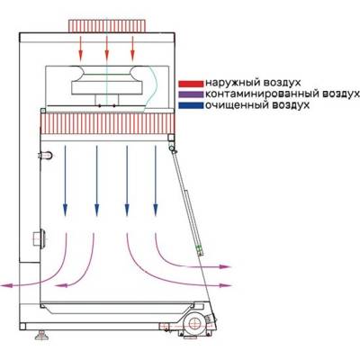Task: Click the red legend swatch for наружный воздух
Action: pyautogui.click(x=191, y=83)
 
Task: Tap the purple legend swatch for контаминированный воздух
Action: pyautogui.click(x=191, y=94)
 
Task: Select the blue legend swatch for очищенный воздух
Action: pyautogui.click(x=191, y=105)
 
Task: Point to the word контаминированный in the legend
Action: pyautogui.click(x=262, y=94)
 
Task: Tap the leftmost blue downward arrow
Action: pyautogui.click(x=65, y=181)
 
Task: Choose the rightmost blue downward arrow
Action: pyautogui.click(x=156, y=181)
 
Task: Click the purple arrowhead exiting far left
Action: pyautogui.click(x=6, y=285)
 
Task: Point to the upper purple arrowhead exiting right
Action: pyautogui.click(x=225, y=266)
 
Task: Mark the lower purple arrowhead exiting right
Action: pyautogui.click(x=225, y=285)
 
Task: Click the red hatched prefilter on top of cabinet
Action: pyautogui.click(x=107, y=26)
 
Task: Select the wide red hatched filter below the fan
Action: pyautogui.click(x=107, y=124)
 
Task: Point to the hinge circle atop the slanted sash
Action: pyautogui.click(x=172, y=148)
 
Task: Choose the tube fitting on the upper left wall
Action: pyautogui.click(x=45, y=156)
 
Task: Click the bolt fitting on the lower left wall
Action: pyautogui.click(x=39, y=238)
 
